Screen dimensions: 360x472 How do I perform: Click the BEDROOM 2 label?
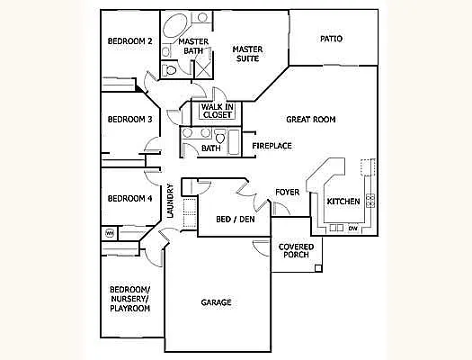point(130,41)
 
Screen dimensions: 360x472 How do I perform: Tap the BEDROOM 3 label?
point(130,120)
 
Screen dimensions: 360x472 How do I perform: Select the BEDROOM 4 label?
point(130,199)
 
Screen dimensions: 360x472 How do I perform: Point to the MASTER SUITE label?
point(247,53)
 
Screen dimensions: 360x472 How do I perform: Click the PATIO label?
point(332,39)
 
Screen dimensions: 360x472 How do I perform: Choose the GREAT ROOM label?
point(311,119)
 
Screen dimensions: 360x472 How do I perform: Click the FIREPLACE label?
point(271,146)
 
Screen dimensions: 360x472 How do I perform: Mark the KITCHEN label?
point(343,201)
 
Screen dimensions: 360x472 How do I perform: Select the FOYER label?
point(287,192)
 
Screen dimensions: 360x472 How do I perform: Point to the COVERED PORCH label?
point(295,251)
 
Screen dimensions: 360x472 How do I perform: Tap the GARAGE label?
point(216,302)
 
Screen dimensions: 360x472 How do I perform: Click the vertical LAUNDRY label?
point(169,202)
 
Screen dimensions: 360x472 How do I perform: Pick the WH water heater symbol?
point(110,233)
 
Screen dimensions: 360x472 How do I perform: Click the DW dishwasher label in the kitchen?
point(352,229)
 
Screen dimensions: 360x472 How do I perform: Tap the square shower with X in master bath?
point(203,67)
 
